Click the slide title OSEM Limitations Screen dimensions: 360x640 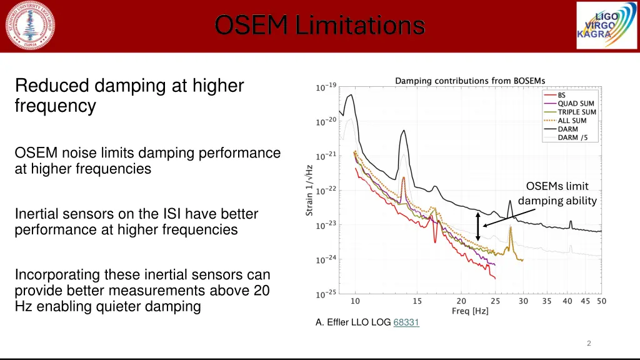tap(319, 26)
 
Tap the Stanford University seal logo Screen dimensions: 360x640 tap(30, 26)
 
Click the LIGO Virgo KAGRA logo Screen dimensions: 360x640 tap(597, 26)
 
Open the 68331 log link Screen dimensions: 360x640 tap(406, 322)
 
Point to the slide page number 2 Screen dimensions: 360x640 tap(589, 343)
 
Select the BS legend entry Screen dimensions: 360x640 tap(562, 95)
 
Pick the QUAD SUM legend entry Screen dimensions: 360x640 tap(575, 104)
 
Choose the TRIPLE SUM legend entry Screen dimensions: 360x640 tap(576, 112)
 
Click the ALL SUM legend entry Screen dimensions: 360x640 tap(572, 121)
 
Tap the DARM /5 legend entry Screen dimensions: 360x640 tap(572, 137)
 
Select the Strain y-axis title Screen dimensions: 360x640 tap(309, 190)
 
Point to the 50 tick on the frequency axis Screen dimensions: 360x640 tap(601, 301)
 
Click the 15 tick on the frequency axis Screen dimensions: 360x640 tap(417, 301)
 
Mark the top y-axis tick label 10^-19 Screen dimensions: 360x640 tap(326, 88)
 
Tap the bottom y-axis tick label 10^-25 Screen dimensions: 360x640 tap(326, 294)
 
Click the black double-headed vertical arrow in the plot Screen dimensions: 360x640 tap(478, 227)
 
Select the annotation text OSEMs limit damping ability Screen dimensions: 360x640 tap(557, 193)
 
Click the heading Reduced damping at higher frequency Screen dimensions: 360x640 tap(129, 95)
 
